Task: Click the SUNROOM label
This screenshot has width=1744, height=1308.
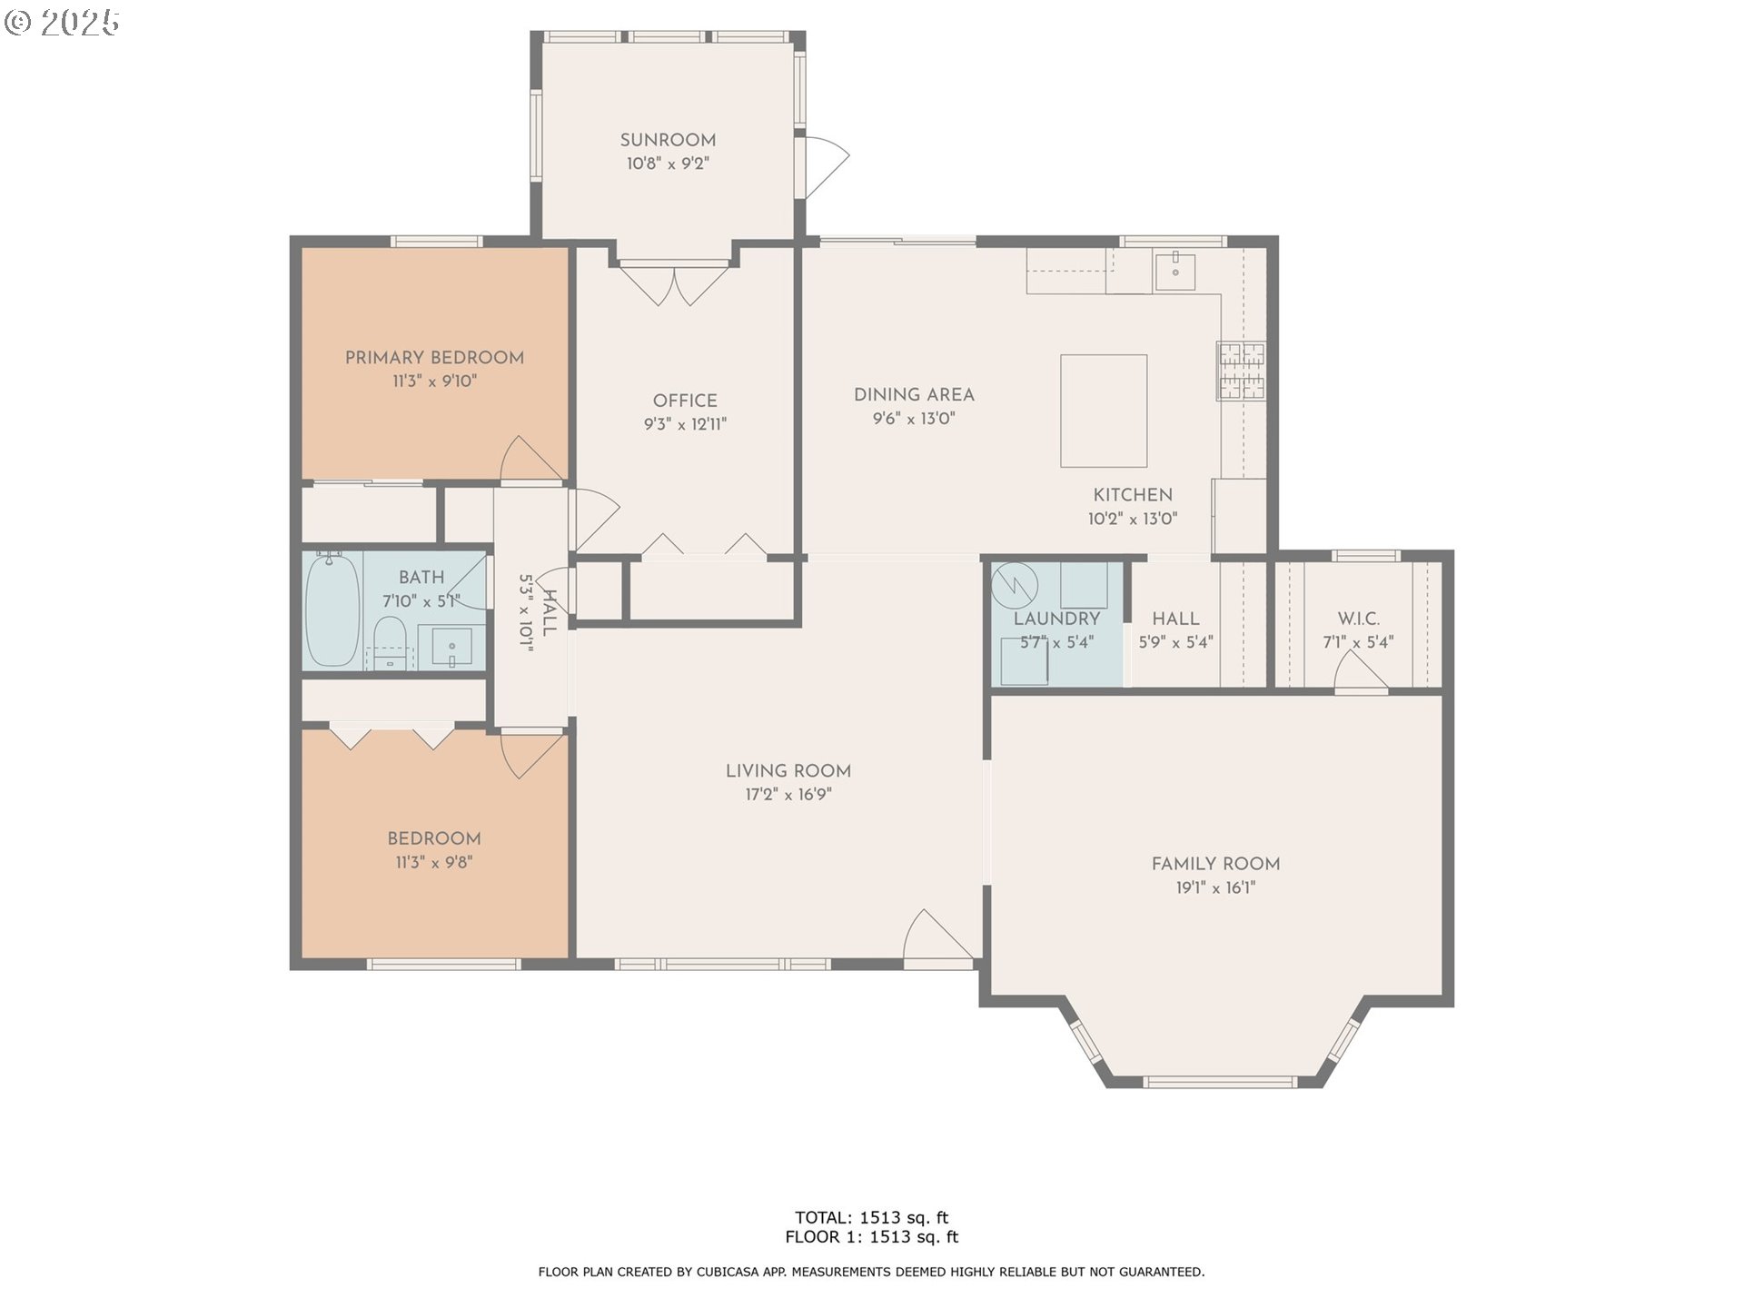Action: click(668, 140)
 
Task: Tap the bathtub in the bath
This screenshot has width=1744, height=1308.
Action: click(332, 610)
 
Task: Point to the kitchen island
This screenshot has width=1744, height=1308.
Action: click(1104, 411)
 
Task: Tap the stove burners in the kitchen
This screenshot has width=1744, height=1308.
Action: click(1241, 371)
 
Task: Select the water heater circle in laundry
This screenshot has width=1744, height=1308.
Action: click(1014, 587)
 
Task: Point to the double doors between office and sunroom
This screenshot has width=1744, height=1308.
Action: click(674, 282)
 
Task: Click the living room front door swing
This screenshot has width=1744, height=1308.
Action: click(936, 936)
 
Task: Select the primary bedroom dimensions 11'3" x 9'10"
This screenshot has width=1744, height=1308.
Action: click(434, 381)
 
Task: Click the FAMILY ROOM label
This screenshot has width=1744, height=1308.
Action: click(1215, 864)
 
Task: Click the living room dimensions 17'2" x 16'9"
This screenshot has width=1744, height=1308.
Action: click(788, 795)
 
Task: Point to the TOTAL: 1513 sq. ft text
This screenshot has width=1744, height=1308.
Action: click(871, 1217)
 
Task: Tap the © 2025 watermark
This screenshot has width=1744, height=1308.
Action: click(62, 22)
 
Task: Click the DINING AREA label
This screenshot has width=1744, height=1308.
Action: click(914, 395)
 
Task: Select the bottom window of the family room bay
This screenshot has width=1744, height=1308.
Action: click(1220, 1081)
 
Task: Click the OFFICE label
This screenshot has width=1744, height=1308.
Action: click(685, 401)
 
